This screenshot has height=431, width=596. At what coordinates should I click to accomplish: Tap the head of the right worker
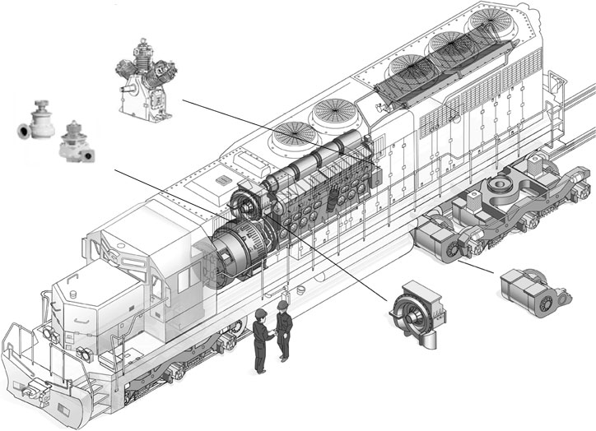283,307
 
